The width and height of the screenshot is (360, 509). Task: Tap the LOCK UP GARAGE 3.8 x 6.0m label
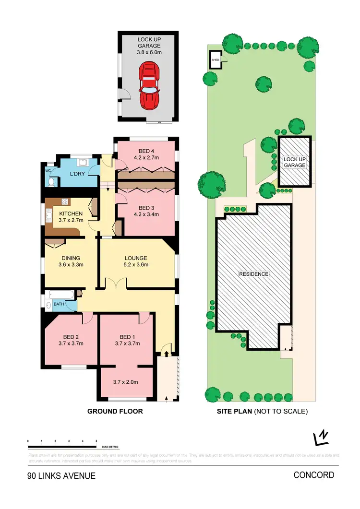149,46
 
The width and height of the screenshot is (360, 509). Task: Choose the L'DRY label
77,174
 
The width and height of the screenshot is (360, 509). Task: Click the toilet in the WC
50,181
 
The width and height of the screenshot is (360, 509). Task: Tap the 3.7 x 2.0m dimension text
126,382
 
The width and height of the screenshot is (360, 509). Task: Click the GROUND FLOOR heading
115,411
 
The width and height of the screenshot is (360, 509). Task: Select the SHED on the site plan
216,60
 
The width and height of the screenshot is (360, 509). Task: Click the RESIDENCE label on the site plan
254,274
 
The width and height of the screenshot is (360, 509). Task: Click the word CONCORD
314,475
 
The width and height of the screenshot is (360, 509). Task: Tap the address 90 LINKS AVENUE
61,476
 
